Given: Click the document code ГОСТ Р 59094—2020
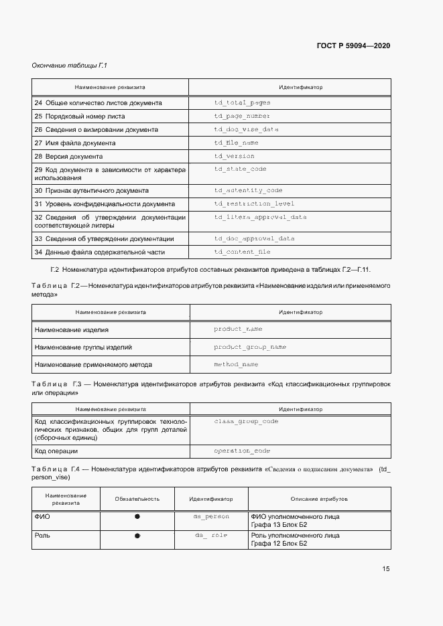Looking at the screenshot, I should pyautogui.click(x=353, y=46).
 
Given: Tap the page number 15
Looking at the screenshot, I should pyautogui.click(x=386, y=569).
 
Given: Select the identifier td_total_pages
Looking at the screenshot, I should pyautogui.click(x=242, y=103).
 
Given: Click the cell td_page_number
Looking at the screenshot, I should pyautogui.click(x=242, y=116).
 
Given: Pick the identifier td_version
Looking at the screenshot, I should pyautogui.click(x=234, y=156).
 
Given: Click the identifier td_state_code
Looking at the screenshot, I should pyautogui.click(x=240, y=169).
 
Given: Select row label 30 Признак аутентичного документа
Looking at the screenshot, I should pyautogui.click(x=86, y=190).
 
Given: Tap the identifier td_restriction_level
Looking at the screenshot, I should pyautogui.click(x=254, y=204).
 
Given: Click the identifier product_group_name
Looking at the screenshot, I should pyautogui.click(x=249, y=347).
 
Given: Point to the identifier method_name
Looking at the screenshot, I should pyautogui.click(x=236, y=364).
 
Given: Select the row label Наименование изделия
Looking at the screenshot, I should pyautogui.click(x=72, y=329).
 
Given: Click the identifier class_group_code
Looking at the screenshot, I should pyautogui.click(x=246, y=421).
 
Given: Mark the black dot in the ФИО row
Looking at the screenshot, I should pyautogui.click(x=137, y=517).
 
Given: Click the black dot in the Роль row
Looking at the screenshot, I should pyautogui.click(x=137, y=536).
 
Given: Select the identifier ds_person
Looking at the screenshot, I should pyautogui.click(x=211, y=517).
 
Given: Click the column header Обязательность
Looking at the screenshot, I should pyautogui.click(x=137, y=499).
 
